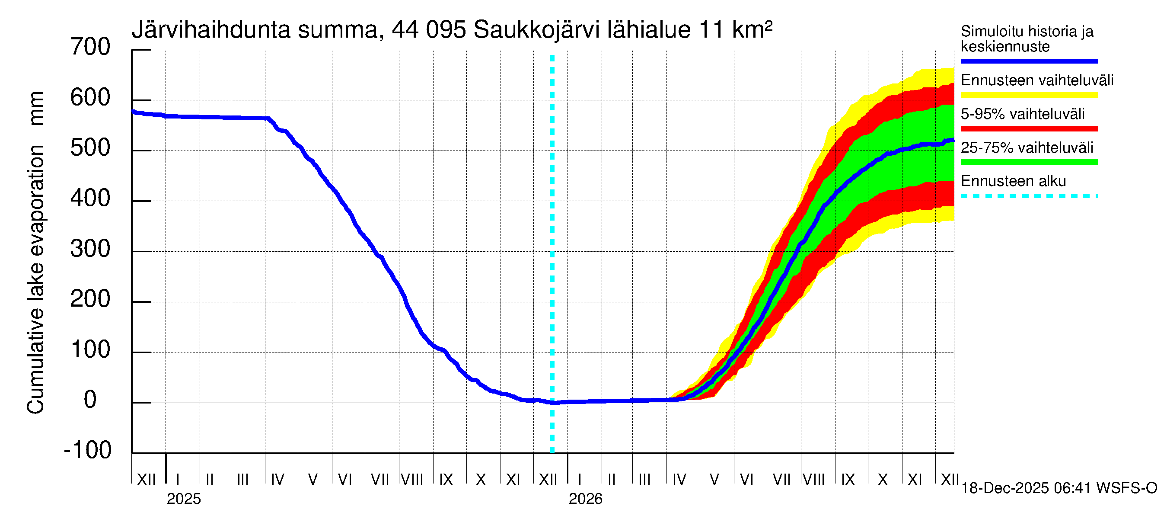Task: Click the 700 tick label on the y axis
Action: (90, 47)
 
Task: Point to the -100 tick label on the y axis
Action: (88, 450)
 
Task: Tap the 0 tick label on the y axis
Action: (90, 400)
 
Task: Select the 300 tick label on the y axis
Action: (90, 249)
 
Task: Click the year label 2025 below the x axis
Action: (183, 499)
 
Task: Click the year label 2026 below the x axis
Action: (585, 499)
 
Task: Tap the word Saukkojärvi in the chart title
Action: (536, 30)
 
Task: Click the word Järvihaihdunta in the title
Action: (210, 30)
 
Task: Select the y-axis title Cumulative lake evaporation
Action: (36, 279)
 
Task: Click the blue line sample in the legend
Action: (1029, 61)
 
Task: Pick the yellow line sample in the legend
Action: (1029, 95)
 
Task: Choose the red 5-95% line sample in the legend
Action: (1029, 129)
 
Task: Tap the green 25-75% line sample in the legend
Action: (1029, 162)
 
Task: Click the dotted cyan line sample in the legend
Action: (1029, 196)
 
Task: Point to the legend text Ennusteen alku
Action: (1014, 181)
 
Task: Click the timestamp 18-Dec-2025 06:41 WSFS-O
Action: (1059, 488)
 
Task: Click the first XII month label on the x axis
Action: (146, 480)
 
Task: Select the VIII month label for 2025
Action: (412, 480)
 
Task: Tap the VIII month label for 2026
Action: (813, 480)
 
